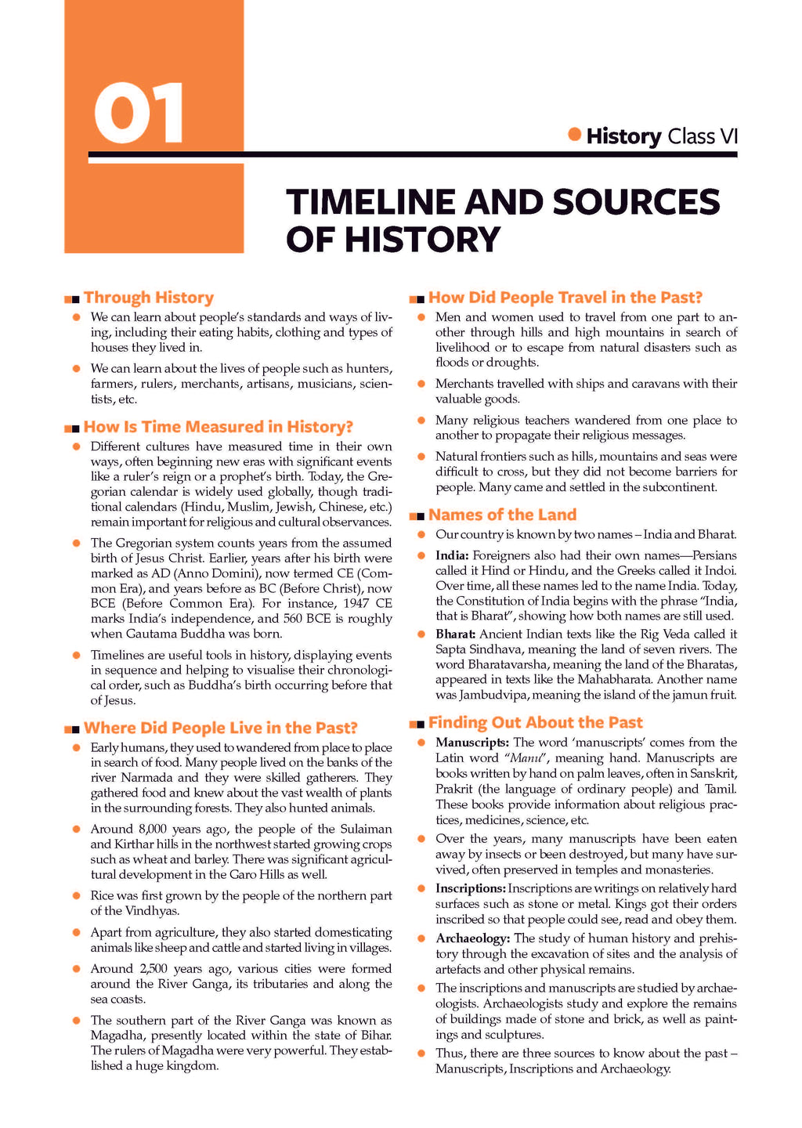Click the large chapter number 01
pos(139,114)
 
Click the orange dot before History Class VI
pos(575,134)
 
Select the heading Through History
pos(148,298)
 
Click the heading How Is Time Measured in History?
pos(218,427)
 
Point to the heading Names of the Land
pos(502,515)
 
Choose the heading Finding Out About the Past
pos(535,722)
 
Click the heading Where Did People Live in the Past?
pos(220,728)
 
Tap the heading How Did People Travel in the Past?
pos(565,298)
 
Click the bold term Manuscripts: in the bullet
pos(472,743)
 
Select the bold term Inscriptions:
pos(470,888)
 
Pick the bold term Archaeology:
pos(472,938)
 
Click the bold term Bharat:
pos(455,634)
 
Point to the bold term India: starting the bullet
pos(451,555)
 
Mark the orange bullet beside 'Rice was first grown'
pos(76,895)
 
